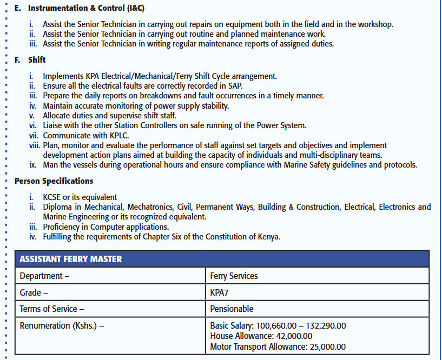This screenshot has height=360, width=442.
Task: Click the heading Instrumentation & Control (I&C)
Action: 86,9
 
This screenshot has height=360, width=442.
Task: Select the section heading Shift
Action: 37,60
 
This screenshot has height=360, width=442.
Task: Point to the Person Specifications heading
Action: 54,181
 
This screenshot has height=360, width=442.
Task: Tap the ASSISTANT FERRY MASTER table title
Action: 71,259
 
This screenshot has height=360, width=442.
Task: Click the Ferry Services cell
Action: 234,276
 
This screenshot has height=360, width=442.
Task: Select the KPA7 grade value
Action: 220,292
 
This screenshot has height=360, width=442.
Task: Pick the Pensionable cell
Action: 232,309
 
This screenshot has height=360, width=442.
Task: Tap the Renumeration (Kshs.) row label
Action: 62,326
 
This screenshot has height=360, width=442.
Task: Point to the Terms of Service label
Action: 52,309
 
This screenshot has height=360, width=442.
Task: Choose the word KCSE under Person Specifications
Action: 54,197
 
